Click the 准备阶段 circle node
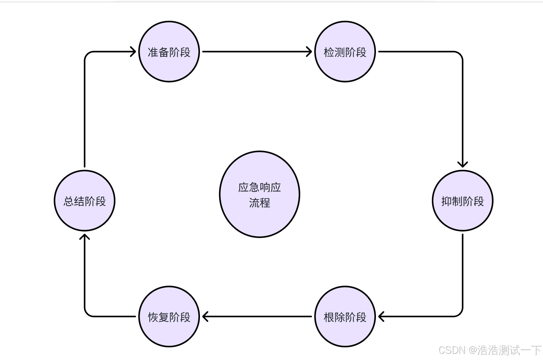point(169,52)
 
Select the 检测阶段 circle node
point(345,52)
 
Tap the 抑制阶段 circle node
point(462,201)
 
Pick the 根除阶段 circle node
point(345,317)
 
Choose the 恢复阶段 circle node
point(169,317)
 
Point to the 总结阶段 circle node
point(85,201)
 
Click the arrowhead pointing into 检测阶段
point(309,51)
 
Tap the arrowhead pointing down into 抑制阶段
point(462,164)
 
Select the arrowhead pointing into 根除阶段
point(381,317)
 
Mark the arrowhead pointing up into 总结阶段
point(85,236)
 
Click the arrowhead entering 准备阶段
point(133,51)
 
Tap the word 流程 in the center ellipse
point(259,203)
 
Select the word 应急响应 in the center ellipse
point(259,188)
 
